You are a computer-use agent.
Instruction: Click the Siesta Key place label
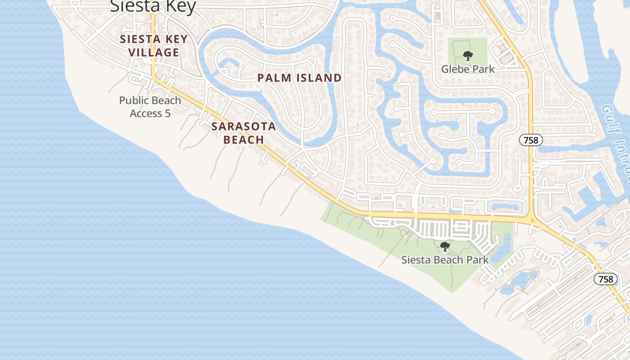tap(153, 6)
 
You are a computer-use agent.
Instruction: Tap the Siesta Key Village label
tap(153, 45)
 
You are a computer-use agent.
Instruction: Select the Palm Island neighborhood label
tap(299, 78)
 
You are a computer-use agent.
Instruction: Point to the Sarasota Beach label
tap(243, 133)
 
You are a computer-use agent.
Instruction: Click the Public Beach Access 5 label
tap(150, 107)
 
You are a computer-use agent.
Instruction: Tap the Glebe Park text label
tap(468, 69)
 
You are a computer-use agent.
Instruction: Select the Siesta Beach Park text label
tap(445, 260)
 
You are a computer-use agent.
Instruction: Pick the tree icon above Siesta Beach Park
tap(445, 247)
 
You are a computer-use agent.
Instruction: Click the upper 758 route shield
tap(531, 140)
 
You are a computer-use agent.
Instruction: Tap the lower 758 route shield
tap(606, 279)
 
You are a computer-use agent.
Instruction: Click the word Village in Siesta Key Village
tap(153, 52)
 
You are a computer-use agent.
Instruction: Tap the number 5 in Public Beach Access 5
tap(167, 113)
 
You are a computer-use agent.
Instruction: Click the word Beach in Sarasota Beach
tap(243, 139)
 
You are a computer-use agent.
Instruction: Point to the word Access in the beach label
tap(146, 113)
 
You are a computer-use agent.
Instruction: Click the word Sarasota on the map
tap(243, 126)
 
